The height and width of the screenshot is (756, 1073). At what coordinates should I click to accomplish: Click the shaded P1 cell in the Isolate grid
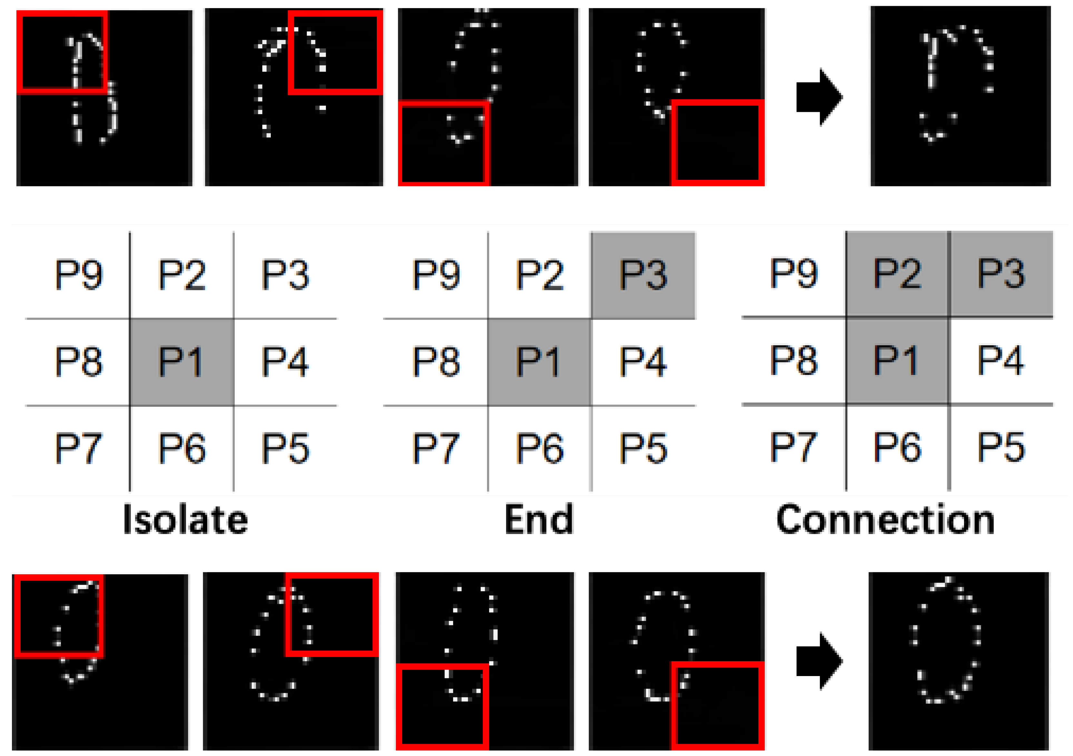(x=182, y=361)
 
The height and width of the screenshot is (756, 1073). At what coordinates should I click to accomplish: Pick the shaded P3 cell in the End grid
(x=643, y=275)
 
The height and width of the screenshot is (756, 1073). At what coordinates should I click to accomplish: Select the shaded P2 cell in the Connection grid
(x=897, y=274)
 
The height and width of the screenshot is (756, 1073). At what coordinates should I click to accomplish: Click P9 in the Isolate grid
(x=79, y=275)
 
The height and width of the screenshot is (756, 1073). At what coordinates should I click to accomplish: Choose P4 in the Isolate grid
(x=285, y=361)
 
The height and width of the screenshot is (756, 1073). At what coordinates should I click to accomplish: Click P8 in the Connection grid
(x=794, y=360)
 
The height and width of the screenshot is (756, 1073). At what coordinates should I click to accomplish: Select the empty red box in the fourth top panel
(x=717, y=142)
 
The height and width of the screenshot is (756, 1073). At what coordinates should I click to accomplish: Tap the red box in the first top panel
(x=62, y=52)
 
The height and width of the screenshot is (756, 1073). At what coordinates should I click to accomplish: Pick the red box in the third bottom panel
(x=443, y=706)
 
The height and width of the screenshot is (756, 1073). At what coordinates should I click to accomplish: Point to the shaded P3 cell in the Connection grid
(x=1001, y=274)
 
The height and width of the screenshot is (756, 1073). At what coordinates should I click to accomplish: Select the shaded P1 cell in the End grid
(x=539, y=361)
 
